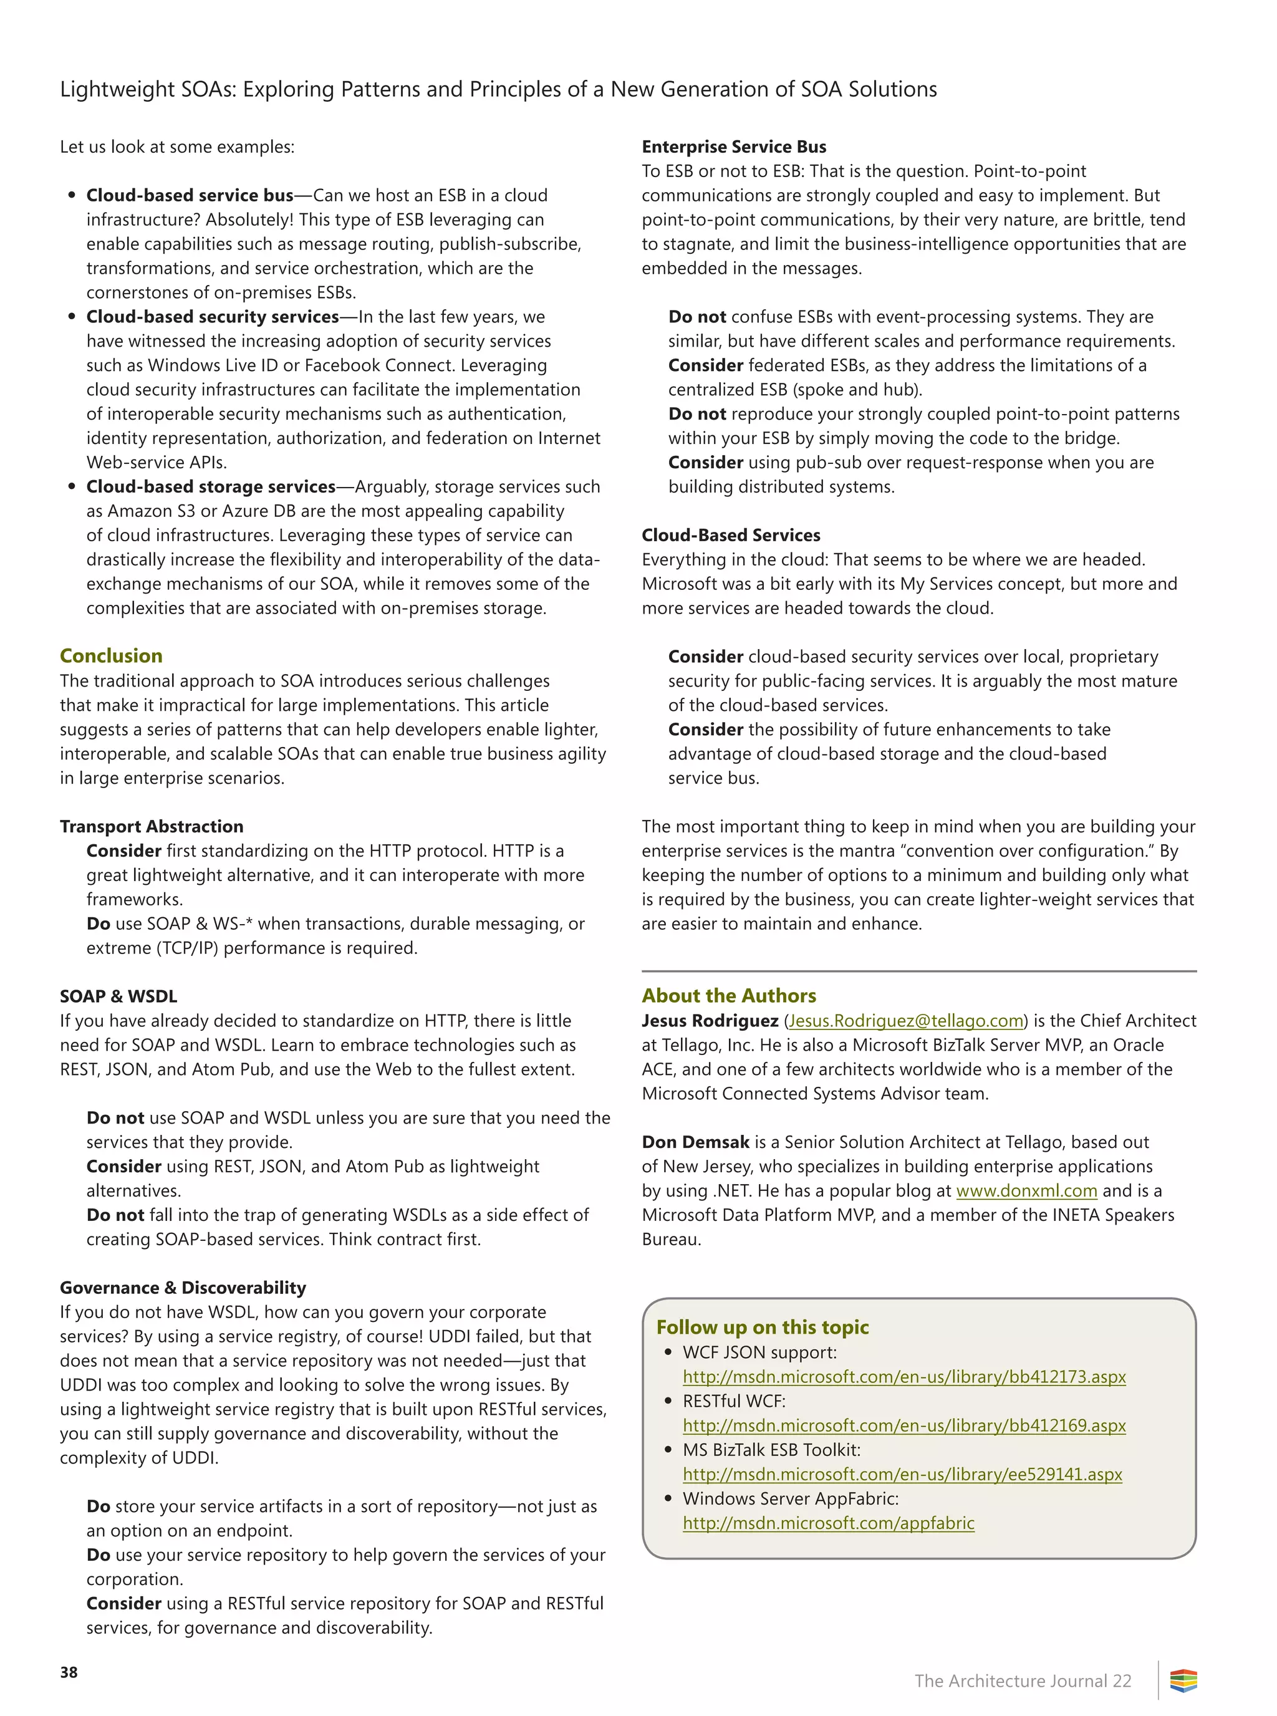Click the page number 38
pyautogui.click(x=69, y=1672)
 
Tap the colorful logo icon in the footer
pyautogui.click(x=1183, y=1680)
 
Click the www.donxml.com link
pyautogui.click(x=1026, y=1190)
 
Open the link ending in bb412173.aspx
pyautogui.click(x=904, y=1377)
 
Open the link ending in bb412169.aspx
pyautogui.click(x=904, y=1425)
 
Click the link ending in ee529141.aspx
pyautogui.click(x=902, y=1474)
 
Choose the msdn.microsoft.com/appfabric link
pyautogui.click(x=828, y=1523)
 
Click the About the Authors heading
pyautogui.click(x=728, y=996)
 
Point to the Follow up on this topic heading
pyautogui.click(x=762, y=1327)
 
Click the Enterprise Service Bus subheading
pyautogui.click(x=733, y=147)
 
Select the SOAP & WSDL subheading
pyautogui.click(x=118, y=996)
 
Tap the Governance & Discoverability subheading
pyautogui.click(x=183, y=1288)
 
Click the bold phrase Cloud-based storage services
pyautogui.click(x=211, y=487)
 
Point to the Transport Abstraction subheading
pyautogui.click(x=152, y=826)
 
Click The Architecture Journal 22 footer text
pyautogui.click(x=1022, y=1681)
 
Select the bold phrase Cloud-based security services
pyautogui.click(x=213, y=317)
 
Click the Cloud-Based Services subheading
pyautogui.click(x=731, y=535)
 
